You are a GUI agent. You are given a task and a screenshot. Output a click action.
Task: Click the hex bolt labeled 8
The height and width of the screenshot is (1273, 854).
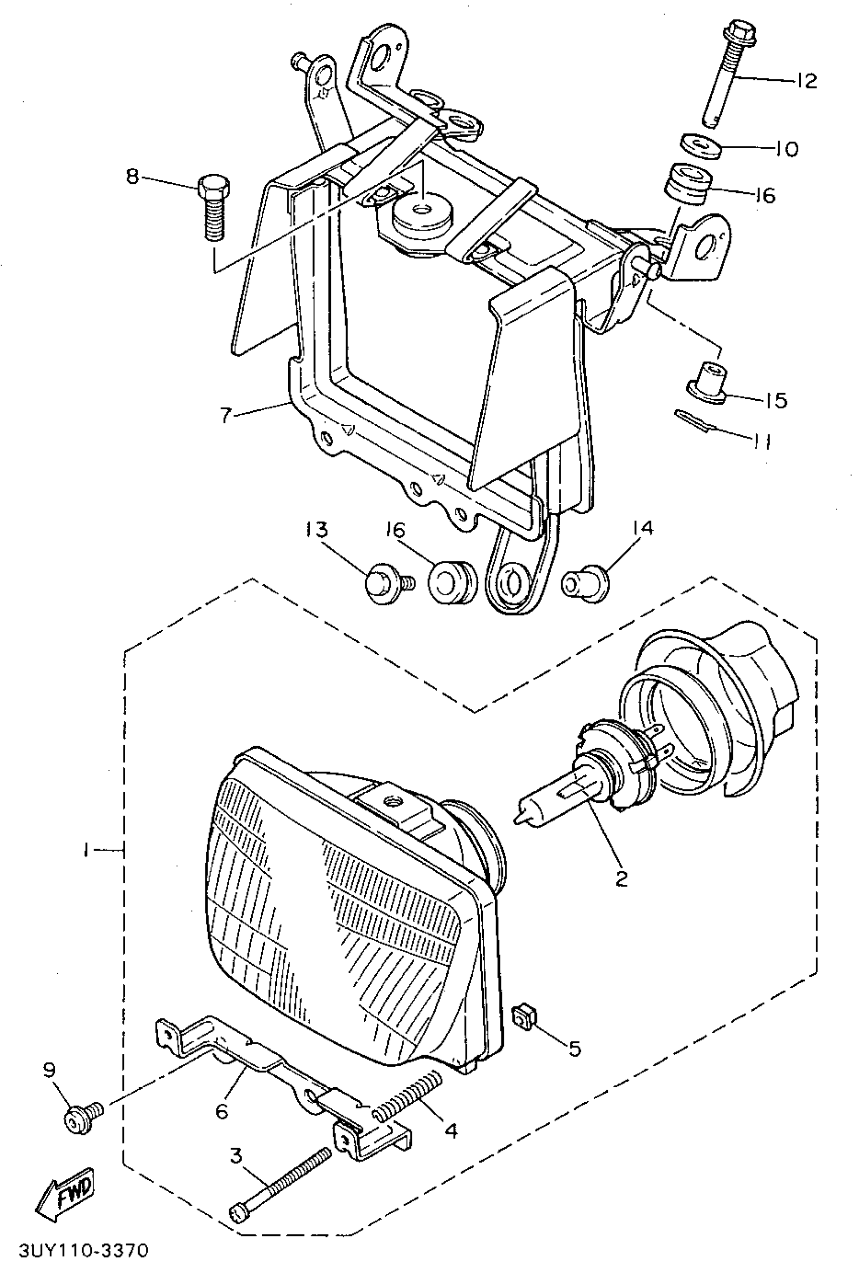tap(214, 207)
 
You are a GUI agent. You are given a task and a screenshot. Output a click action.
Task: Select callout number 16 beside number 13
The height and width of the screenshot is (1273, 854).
tap(396, 530)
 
